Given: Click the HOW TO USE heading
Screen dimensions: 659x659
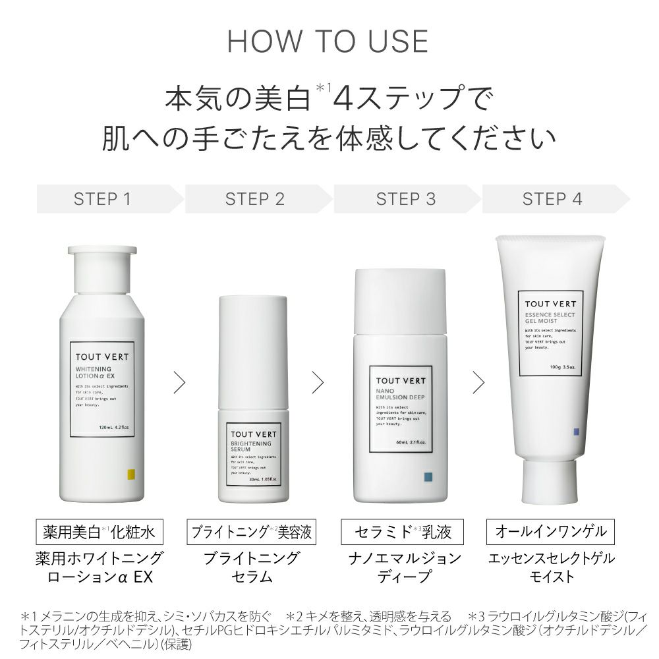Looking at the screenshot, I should [328, 42].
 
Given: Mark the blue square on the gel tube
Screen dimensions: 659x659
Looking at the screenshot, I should [576, 432].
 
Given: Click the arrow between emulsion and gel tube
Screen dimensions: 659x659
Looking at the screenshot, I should [478, 382].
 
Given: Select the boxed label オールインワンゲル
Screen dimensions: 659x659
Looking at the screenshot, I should [551, 531].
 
